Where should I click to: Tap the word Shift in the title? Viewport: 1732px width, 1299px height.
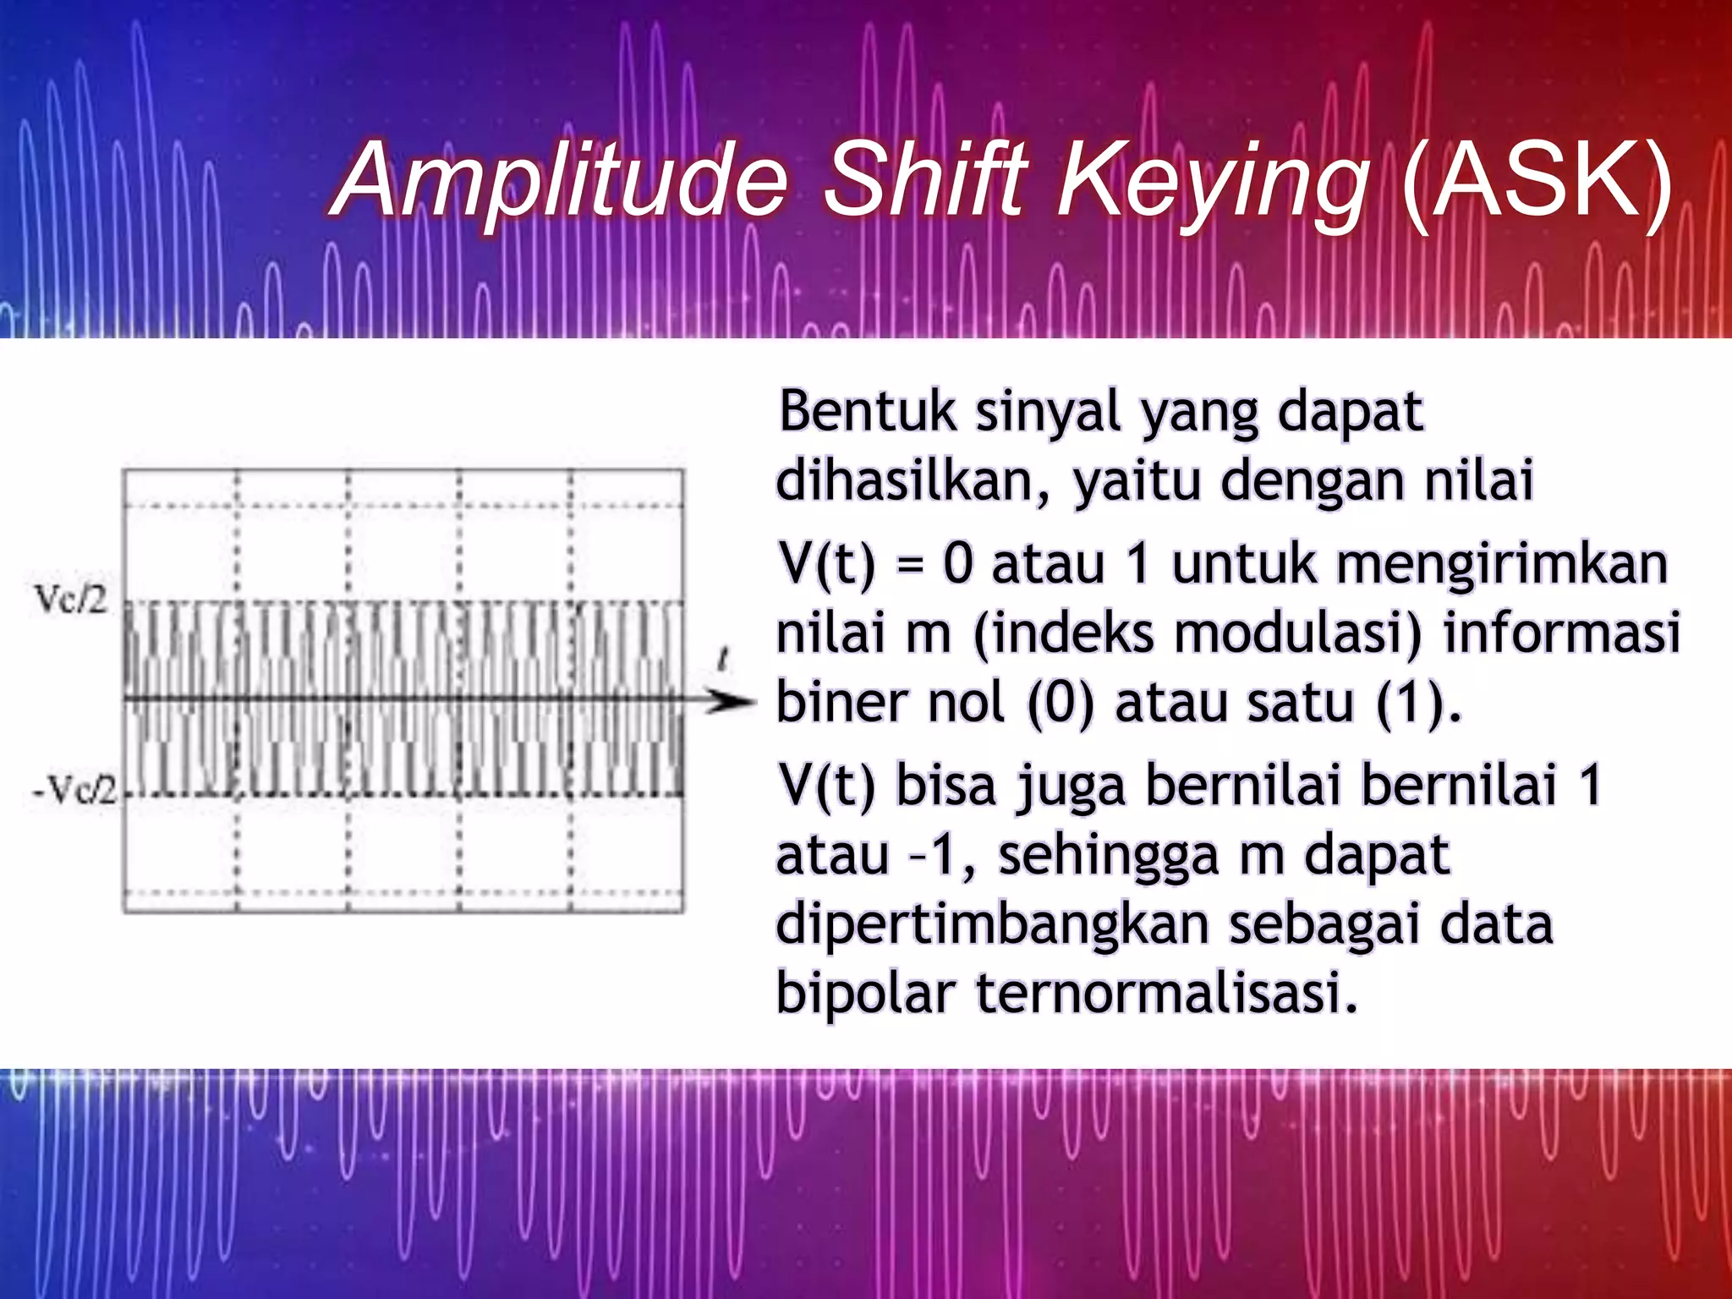[x=927, y=179]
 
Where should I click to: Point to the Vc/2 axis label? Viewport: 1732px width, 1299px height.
[x=71, y=600]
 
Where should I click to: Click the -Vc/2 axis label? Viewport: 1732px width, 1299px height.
[x=74, y=791]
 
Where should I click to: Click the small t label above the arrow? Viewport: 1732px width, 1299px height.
[x=723, y=659]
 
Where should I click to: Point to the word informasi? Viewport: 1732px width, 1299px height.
[x=1561, y=633]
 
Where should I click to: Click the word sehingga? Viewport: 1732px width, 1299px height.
[x=1109, y=856]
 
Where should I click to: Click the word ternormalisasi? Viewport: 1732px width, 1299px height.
[x=1167, y=993]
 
